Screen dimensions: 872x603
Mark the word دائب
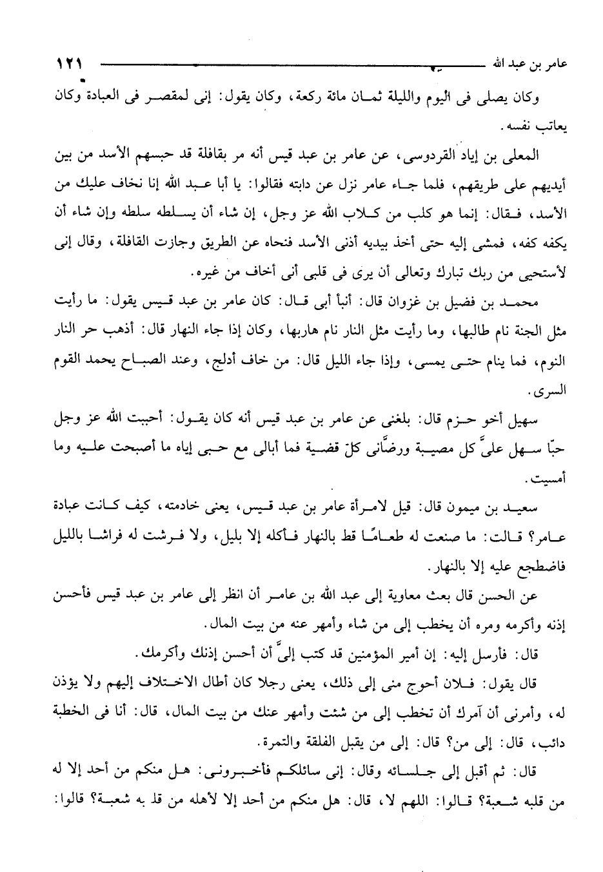(x=553, y=742)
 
